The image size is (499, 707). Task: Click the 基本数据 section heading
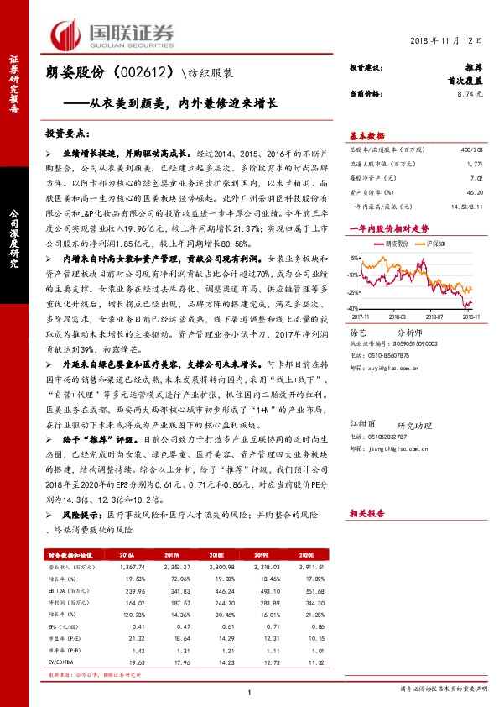tap(366, 137)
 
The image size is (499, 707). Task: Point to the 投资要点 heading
tap(66, 133)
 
